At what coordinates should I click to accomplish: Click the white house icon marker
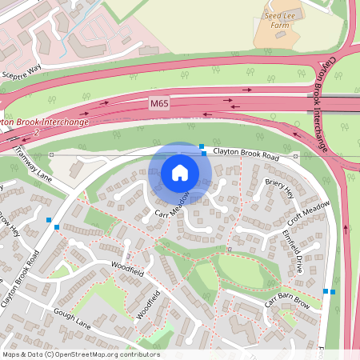(x=180, y=173)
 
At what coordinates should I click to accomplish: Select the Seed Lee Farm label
(x=278, y=19)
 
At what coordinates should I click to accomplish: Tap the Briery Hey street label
(x=279, y=190)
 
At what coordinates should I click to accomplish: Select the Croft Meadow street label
(x=309, y=214)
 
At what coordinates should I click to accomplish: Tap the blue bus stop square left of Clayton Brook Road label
(x=204, y=152)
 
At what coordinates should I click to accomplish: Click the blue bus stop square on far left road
(x=56, y=226)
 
